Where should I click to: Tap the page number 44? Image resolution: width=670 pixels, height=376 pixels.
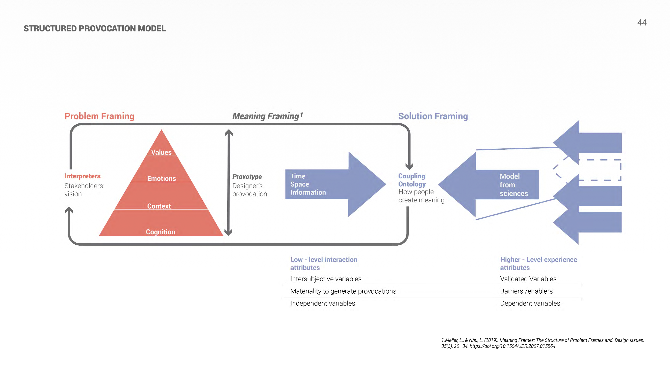642,23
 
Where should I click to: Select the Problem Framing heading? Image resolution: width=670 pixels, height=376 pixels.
99,116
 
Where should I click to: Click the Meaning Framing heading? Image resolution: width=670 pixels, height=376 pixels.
266,116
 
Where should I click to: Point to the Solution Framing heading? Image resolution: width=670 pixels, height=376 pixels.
433,116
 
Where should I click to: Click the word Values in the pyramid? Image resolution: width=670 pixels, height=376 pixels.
161,152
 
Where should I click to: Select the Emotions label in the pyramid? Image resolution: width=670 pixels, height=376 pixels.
161,179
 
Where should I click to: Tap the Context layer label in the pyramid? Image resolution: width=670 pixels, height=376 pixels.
159,206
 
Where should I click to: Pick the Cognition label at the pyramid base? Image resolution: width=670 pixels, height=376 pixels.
160,232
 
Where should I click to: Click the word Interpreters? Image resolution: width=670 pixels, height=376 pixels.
82,176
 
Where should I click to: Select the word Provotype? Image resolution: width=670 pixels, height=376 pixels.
247,177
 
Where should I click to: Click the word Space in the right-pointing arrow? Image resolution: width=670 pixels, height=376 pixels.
300,184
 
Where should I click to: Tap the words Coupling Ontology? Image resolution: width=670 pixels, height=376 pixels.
412,180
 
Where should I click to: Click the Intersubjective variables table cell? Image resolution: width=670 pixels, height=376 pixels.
326,279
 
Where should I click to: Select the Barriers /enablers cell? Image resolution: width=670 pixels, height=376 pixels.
526,291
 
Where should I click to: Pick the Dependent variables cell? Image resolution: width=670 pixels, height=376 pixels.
530,303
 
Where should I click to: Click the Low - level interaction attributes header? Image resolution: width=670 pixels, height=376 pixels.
324,263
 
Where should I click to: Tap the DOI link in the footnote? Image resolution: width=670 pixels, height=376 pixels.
512,346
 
